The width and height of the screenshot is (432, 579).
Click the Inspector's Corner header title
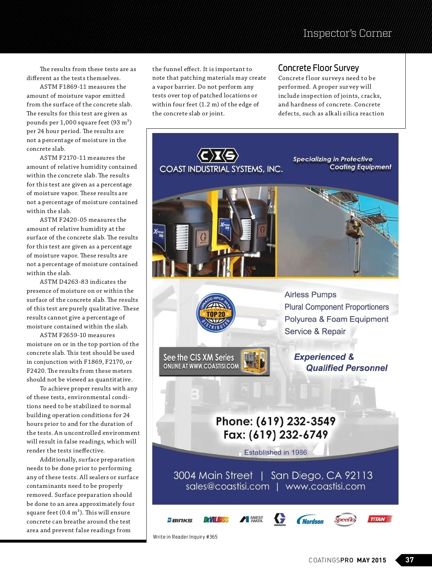pyautogui.click(x=347, y=33)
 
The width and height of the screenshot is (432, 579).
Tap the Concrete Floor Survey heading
pyautogui.click(x=318, y=68)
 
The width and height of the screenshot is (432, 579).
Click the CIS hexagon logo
pyautogui.click(x=218, y=156)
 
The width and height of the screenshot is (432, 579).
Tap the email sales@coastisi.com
pyautogui.click(x=228, y=487)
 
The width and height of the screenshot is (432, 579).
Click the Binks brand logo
pyautogui.click(x=180, y=520)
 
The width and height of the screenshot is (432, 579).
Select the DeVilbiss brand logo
pyautogui.click(x=216, y=520)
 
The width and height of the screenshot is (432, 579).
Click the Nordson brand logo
pyautogui.click(x=310, y=520)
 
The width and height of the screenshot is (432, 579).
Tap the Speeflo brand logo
pyautogui.click(x=345, y=520)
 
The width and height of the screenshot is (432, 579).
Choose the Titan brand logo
pyautogui.click(x=379, y=519)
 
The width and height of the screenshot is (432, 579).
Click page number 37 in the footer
pyautogui.click(x=409, y=560)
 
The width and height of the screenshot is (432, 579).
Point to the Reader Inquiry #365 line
pyautogui.click(x=185, y=537)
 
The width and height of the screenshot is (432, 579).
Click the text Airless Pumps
pyautogui.click(x=310, y=295)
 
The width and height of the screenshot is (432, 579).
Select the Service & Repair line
pyautogui.click(x=315, y=331)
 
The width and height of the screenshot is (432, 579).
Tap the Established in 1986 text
pyautogui.click(x=275, y=452)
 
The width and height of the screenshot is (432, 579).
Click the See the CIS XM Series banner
pyautogui.click(x=214, y=362)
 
